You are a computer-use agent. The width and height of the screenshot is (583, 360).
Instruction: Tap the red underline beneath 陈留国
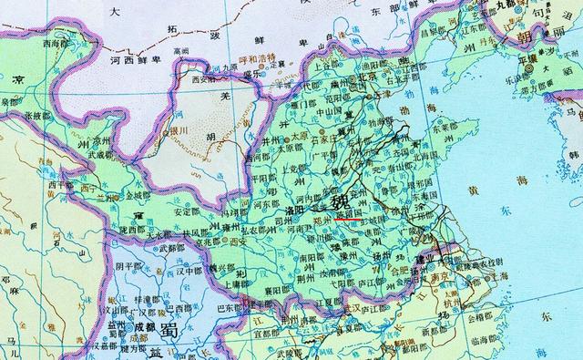point(350,220)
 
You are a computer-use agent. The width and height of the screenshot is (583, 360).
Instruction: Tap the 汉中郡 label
point(189,271)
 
